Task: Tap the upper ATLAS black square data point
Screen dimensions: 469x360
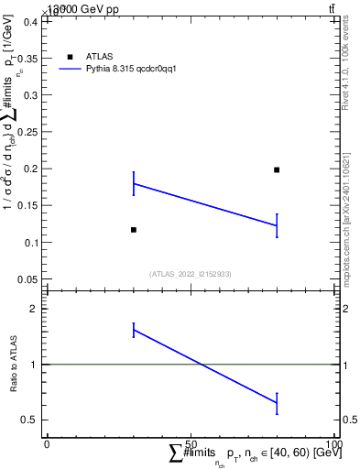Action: tap(277, 169)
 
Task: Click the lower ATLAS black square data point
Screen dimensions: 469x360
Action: tap(134, 229)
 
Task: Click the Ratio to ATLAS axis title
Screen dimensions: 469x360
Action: tap(14, 365)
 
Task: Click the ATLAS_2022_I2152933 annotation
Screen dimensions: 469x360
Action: tap(190, 273)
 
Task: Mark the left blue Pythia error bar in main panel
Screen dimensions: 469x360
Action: tap(134, 183)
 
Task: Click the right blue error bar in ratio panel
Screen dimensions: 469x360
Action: tap(277, 402)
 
